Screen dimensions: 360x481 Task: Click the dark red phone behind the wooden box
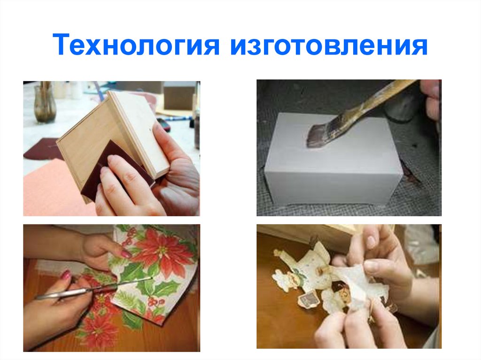(x=163, y=124)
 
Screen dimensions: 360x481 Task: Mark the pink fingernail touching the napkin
(x=125, y=254)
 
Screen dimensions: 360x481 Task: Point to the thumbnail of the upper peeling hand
(x=371, y=241)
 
